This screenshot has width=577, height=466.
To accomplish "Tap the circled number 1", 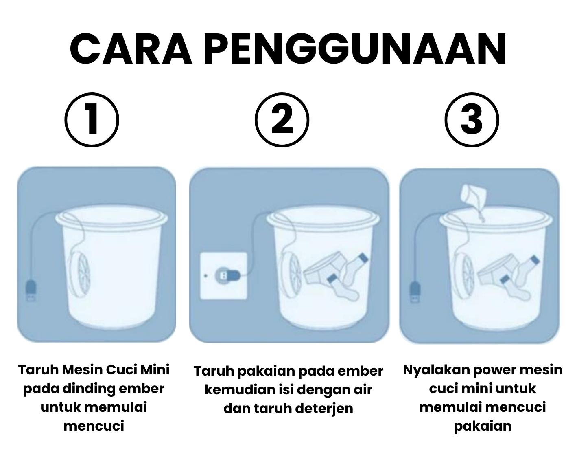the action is pos(92,120).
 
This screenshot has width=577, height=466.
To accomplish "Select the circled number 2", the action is pos(282,120).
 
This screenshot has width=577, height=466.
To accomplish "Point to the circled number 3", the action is pos(472,120).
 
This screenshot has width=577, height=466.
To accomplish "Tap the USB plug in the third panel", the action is pos(415,292).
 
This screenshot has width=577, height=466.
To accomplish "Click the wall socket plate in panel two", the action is pos(224,275).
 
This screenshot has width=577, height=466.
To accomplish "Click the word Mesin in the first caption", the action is pos(82,369).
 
